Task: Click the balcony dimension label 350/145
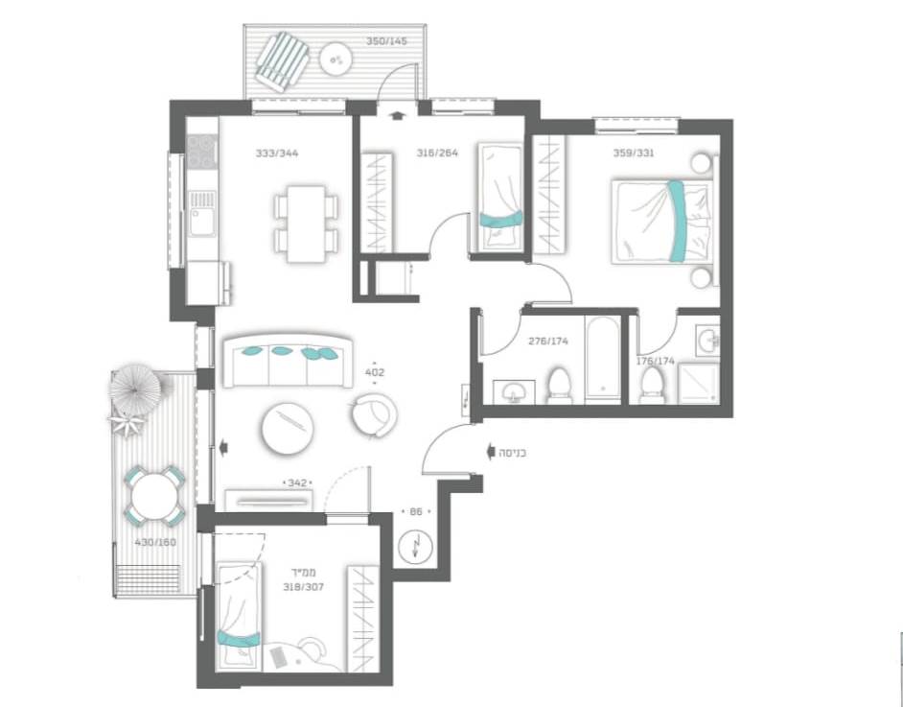coord(386,41)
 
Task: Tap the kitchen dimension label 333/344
coord(277,153)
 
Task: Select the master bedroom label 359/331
coord(634,153)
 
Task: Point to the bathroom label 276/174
coord(548,342)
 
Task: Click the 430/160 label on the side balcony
coord(155,542)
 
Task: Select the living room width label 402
coord(374,373)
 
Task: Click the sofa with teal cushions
coord(289,360)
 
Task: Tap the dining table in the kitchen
coord(305,224)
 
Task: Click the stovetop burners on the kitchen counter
coord(202,151)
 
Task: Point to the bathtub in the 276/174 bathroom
coord(602,359)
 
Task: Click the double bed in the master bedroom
coord(661,222)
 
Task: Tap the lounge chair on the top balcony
coord(282,61)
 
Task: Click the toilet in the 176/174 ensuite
coord(651,385)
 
